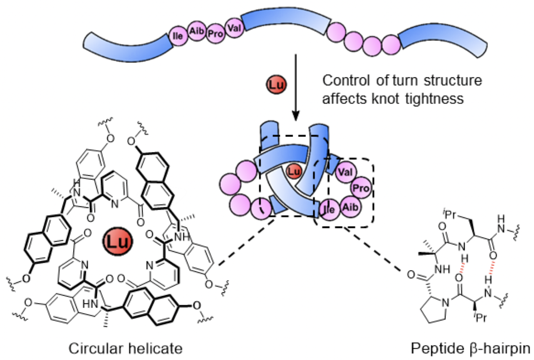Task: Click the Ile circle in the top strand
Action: pos(177,36)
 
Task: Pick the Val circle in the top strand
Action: pos(232,28)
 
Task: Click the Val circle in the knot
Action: pos(343,171)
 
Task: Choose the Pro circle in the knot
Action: pos(360,188)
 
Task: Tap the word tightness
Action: pos(450,98)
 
